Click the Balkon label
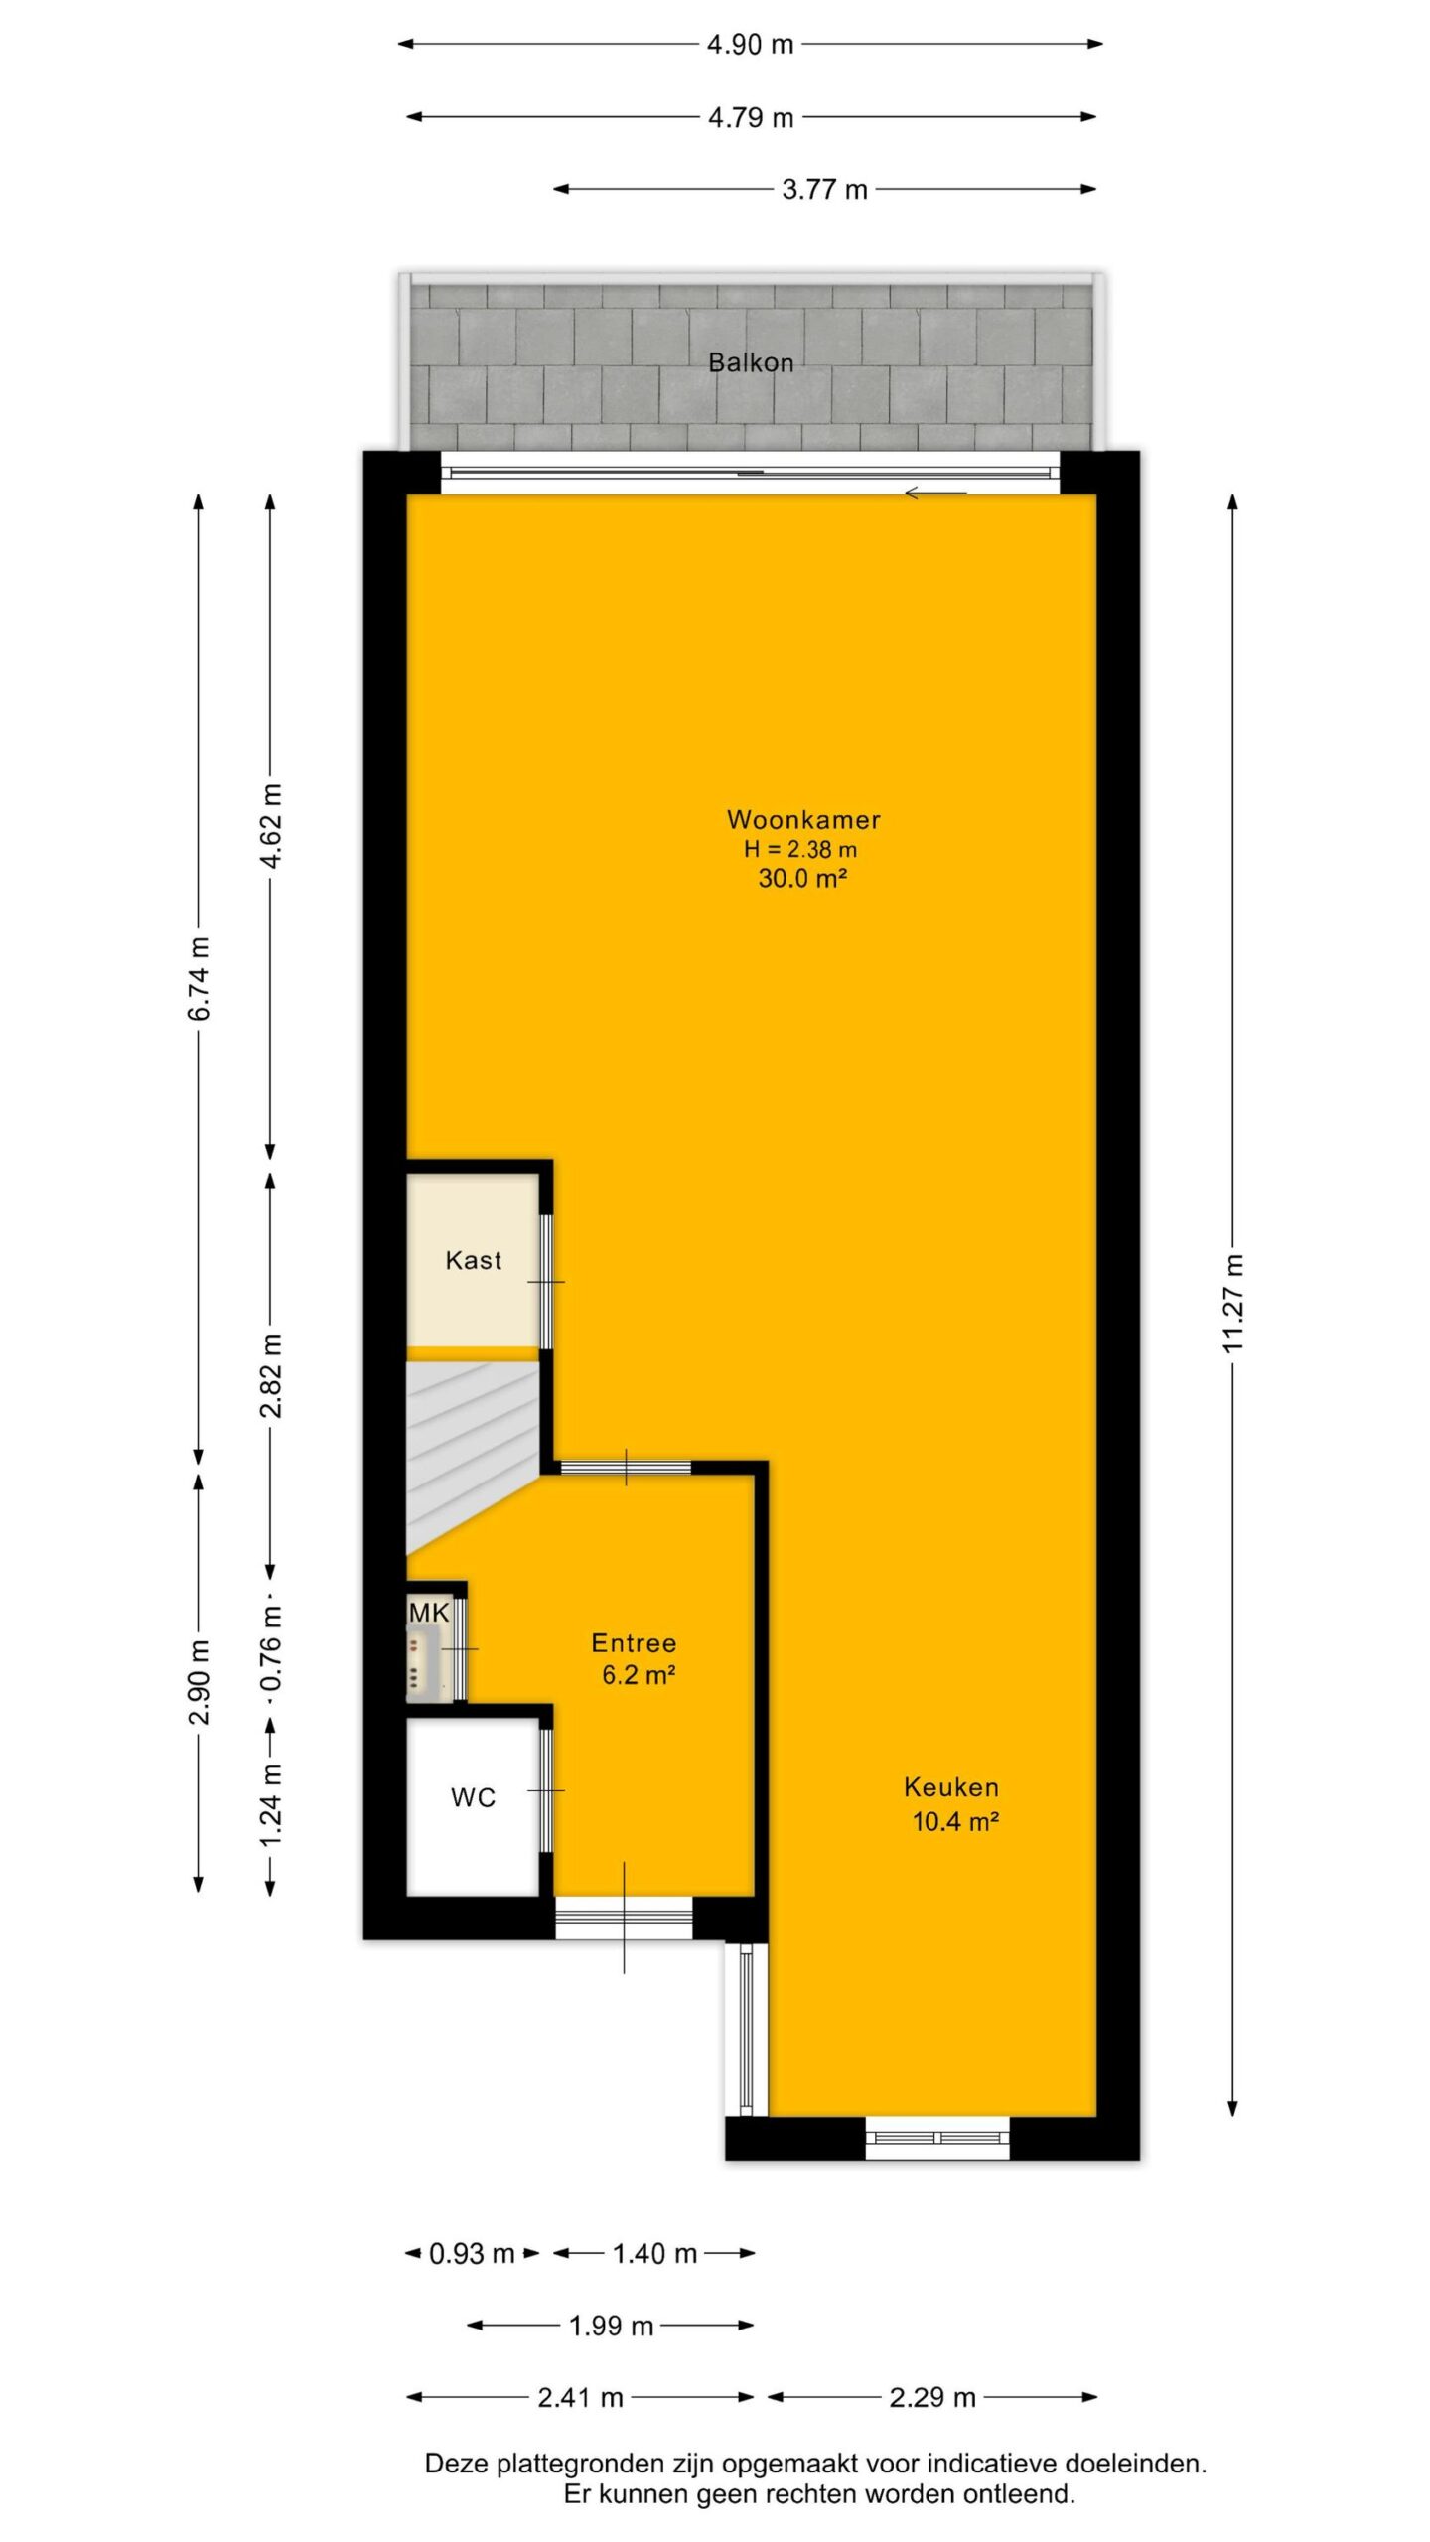coord(751,362)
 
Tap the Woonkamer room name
coord(803,819)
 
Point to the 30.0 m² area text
coord(802,877)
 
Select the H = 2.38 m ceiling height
coord(800,849)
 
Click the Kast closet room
coord(473,1260)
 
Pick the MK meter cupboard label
coord(429,1613)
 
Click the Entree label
coord(634,1643)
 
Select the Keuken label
coord(951,1787)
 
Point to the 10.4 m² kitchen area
coord(955,1821)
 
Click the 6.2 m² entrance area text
coord(639,1675)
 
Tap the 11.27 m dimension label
coord(1232,1304)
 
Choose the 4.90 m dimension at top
coord(750,44)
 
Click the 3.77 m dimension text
coord(824,189)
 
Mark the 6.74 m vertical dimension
coord(199,978)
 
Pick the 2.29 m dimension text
coord(932,2398)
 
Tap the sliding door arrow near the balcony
coord(934,493)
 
